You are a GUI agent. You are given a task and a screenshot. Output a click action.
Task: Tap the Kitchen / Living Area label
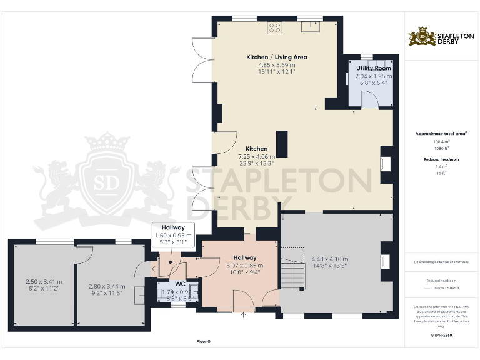pyautogui.click(x=276, y=57)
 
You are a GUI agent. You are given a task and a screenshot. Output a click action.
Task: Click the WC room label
pyautogui.click(x=181, y=284)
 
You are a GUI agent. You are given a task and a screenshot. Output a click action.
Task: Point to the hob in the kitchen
pyautogui.click(x=274, y=27)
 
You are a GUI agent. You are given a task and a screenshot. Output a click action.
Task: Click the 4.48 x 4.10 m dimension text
pyautogui.click(x=329, y=259)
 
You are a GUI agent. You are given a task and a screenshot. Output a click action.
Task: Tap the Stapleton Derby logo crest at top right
pyautogui.click(x=422, y=37)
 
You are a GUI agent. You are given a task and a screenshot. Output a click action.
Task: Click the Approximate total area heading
pyautogui.click(x=441, y=133)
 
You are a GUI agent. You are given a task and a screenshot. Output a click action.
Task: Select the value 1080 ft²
pyautogui.click(x=441, y=148)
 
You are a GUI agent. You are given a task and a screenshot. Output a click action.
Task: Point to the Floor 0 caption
pyautogui.click(x=203, y=342)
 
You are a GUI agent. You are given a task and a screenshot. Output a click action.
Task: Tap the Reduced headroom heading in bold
pyautogui.click(x=441, y=160)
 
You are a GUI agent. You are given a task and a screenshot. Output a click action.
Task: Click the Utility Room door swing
pyautogui.click(x=370, y=98)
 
